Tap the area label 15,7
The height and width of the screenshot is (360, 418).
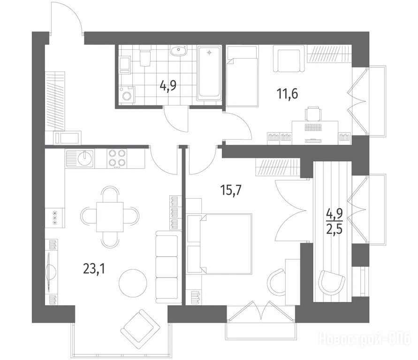click(x=231, y=190)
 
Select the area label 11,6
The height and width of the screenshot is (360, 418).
click(x=288, y=94)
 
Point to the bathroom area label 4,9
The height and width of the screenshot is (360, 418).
click(x=168, y=86)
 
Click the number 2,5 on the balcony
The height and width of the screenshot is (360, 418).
click(x=334, y=228)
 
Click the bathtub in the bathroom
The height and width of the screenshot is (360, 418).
click(x=209, y=73)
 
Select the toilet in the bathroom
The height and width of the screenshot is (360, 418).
click(x=145, y=56)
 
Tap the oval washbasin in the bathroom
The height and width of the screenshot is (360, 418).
click(x=179, y=51)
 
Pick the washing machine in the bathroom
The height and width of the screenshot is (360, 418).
click(x=127, y=94)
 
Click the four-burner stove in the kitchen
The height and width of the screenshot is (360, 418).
click(x=117, y=158)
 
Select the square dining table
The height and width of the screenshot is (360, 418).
click(x=110, y=217)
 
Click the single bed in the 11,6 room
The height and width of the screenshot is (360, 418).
click(x=243, y=76)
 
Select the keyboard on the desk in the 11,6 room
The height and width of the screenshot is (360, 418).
click(x=313, y=127)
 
